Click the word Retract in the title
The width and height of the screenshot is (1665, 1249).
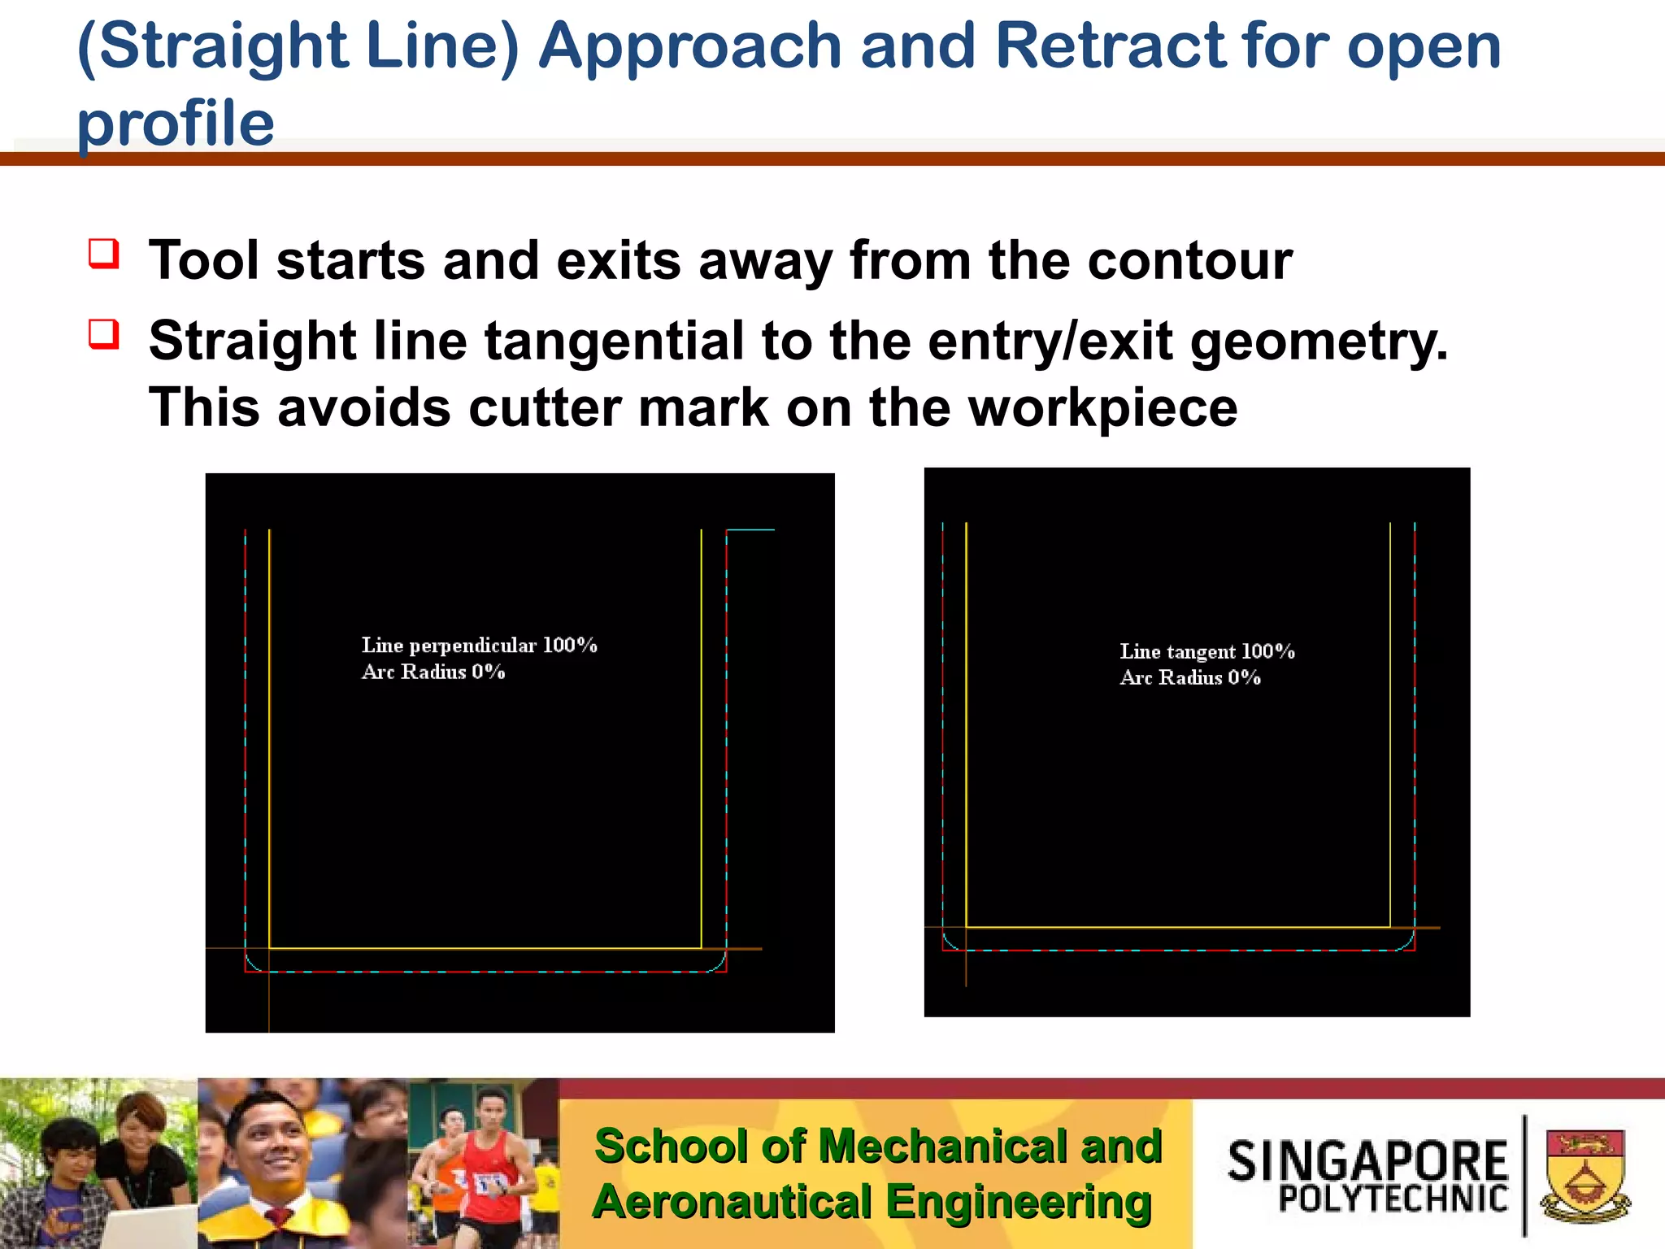coord(1111,46)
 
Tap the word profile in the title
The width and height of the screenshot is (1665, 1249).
coord(176,124)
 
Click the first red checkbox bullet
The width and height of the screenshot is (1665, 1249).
coord(104,253)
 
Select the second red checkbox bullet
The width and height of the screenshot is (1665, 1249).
coord(104,333)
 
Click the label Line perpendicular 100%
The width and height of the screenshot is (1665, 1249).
coord(479,646)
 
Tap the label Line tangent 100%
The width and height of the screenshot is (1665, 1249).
coord(1206,651)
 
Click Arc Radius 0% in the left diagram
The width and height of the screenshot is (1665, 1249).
coord(433,672)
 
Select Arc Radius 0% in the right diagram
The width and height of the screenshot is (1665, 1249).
coord(1190,677)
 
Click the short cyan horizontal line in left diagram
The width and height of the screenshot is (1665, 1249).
coord(750,530)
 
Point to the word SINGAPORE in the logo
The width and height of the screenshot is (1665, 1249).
coord(1367,1160)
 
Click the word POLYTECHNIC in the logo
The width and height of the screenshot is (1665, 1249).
coord(1393,1199)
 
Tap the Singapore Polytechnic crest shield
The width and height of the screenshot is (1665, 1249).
coord(1585,1175)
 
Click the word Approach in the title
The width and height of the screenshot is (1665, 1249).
coord(689,46)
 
